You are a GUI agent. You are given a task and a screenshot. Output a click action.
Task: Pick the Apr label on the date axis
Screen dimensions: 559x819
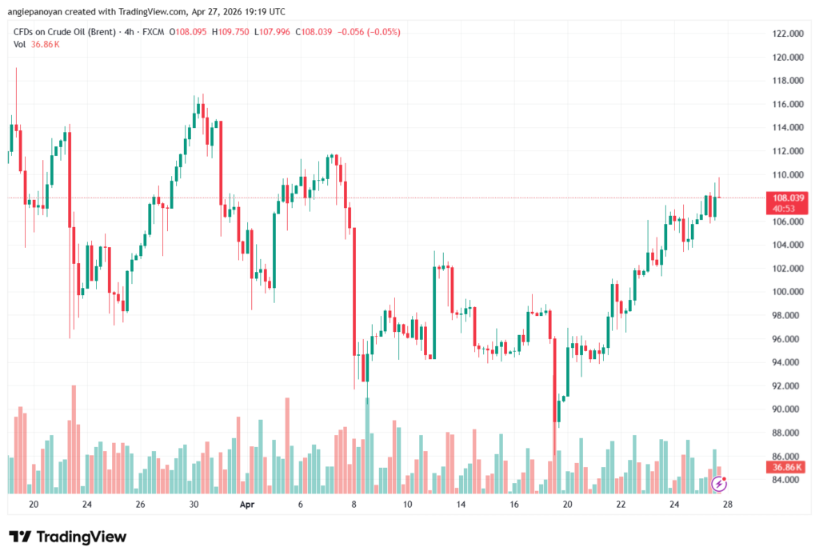246,505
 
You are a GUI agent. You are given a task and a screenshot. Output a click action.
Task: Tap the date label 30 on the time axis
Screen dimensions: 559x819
194,505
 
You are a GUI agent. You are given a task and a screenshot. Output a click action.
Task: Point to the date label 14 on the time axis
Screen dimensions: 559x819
461,505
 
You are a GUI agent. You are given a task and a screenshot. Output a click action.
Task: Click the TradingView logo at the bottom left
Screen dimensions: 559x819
67,537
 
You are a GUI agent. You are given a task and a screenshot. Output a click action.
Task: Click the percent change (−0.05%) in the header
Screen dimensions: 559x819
384,32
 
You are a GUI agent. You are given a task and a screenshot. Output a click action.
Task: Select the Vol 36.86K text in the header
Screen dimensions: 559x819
36,44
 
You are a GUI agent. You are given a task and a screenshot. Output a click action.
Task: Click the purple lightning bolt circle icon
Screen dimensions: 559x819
719,483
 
